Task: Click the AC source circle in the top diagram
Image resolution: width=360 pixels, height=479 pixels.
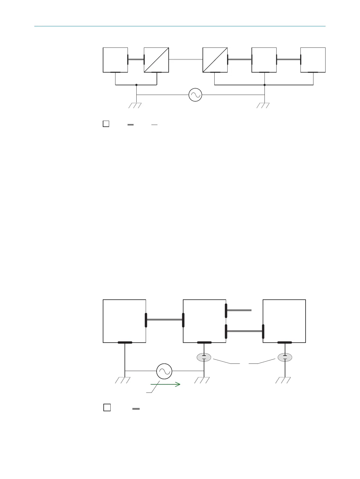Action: point(195,95)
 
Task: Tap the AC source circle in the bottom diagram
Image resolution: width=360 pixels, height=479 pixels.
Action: point(164,371)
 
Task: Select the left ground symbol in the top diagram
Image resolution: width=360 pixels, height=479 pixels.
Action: point(135,105)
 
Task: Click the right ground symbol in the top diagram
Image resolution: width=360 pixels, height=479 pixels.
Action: point(263,105)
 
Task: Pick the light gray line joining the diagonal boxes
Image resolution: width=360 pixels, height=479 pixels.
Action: point(186,60)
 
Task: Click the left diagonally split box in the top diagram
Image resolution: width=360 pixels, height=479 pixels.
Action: point(156,60)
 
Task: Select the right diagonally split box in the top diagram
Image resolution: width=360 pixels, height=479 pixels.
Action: point(215,60)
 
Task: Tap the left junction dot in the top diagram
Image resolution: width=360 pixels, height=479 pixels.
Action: point(137,85)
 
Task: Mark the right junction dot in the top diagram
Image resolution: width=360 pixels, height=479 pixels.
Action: point(264,85)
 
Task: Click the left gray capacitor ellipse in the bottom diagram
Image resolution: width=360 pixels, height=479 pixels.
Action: point(204,357)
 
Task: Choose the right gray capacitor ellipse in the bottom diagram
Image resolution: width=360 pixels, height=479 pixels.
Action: point(285,357)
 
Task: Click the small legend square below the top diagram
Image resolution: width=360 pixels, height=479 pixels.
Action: point(106,124)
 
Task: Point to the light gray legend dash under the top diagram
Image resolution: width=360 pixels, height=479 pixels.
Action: point(154,124)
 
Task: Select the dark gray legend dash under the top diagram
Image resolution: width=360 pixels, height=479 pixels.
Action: point(131,124)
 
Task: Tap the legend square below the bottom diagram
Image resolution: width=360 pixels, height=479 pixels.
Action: point(107,407)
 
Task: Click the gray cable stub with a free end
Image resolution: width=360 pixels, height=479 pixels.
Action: point(239,310)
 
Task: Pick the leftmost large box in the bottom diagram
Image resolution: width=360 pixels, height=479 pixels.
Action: point(125,321)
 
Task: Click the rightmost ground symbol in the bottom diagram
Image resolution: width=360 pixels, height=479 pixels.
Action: point(283,380)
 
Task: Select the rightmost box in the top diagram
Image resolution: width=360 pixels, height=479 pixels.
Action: point(313,60)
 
